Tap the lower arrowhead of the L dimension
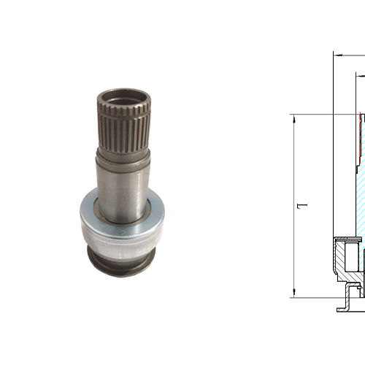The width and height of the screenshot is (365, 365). (x=293, y=293)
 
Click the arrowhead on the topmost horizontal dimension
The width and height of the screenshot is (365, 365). (x=337, y=53)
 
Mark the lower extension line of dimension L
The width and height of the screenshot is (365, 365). (x=314, y=297)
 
